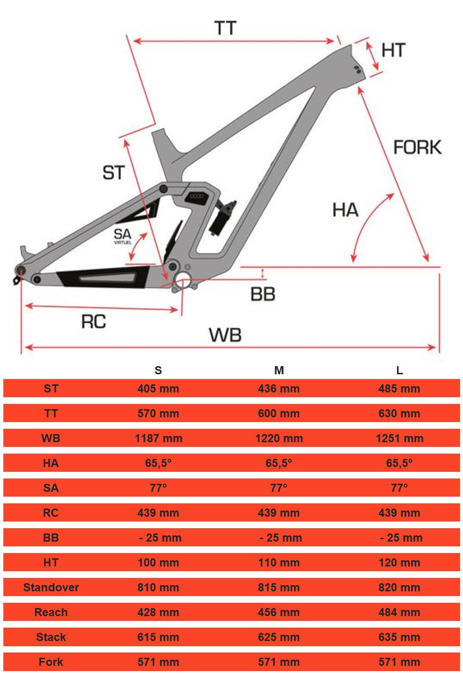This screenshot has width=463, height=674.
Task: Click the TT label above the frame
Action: click(x=225, y=28)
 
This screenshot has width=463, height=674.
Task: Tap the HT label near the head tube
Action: click(x=393, y=50)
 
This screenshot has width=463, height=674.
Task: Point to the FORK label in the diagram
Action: click(x=417, y=147)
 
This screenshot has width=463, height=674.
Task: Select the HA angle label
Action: click(x=345, y=210)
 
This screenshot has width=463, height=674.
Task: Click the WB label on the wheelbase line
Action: click(x=225, y=335)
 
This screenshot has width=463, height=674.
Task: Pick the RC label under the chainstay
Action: click(x=93, y=322)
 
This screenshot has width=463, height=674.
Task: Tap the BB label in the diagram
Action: click(x=263, y=294)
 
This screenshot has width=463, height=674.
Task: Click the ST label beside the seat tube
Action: click(x=113, y=173)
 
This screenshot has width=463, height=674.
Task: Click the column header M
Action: click(x=279, y=370)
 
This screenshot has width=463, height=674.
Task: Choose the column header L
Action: click(x=399, y=370)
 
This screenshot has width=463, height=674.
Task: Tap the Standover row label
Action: click(x=51, y=587)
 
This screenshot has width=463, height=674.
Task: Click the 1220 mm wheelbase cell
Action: click(x=279, y=438)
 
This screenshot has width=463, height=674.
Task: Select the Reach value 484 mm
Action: click(x=399, y=612)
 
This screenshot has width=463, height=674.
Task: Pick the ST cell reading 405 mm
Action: click(x=158, y=389)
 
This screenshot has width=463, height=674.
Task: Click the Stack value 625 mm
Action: click(x=279, y=637)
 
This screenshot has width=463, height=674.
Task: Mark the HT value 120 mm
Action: click(x=399, y=563)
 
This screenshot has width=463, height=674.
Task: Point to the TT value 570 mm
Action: click(x=158, y=413)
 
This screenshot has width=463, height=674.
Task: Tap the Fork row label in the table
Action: click(x=51, y=662)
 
